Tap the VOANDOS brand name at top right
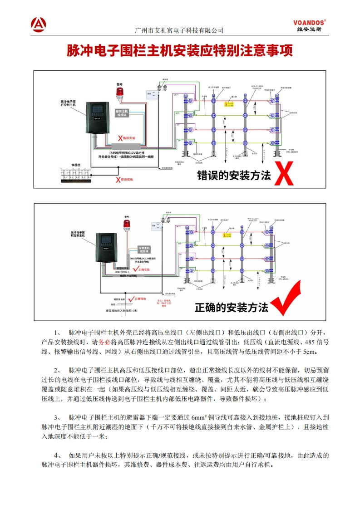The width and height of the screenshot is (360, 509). coord(309,22)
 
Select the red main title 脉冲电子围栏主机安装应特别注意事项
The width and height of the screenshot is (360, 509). coord(180,50)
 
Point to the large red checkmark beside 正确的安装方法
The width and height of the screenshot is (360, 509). coord(286,299)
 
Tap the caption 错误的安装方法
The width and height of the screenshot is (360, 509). coord(234,176)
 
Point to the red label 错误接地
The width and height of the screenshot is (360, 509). coord(125,180)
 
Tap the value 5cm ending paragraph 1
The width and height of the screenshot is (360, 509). coord(309,352)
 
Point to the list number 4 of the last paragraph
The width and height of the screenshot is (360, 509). coord(56,455)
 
